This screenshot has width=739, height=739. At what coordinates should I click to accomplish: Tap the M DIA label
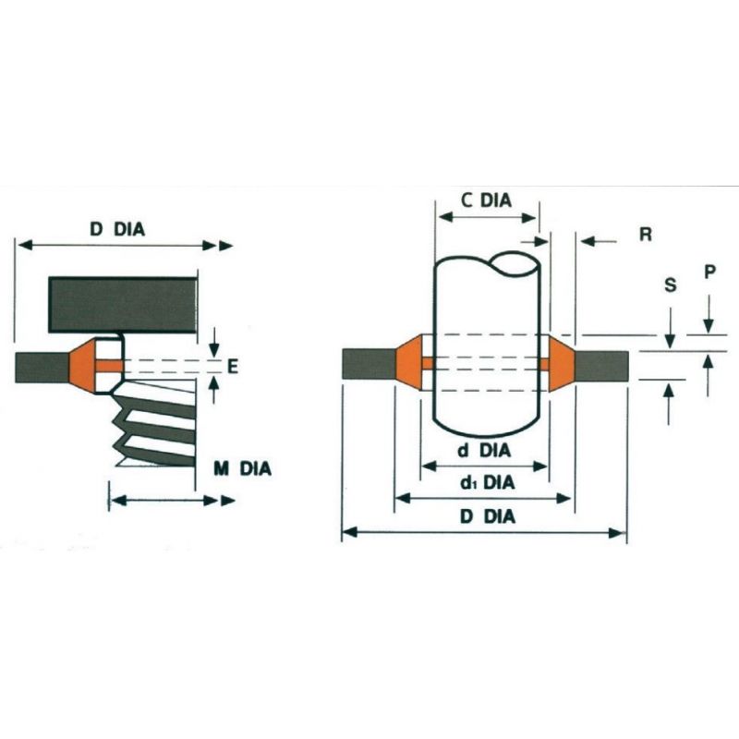pyautogui.click(x=242, y=469)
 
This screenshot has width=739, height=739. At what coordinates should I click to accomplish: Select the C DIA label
pyautogui.click(x=486, y=200)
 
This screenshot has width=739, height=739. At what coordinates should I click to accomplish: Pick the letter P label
pyautogui.click(x=709, y=273)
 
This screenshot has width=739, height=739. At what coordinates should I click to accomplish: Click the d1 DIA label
pyautogui.click(x=486, y=483)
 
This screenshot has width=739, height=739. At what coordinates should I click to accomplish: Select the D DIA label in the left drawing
pyautogui.click(x=117, y=229)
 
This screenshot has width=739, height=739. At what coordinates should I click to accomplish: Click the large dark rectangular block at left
pyautogui.click(x=123, y=305)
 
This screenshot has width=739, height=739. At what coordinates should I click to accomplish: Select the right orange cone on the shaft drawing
pyautogui.click(x=561, y=364)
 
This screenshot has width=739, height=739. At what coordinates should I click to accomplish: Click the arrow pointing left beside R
pyautogui.click(x=596, y=241)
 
